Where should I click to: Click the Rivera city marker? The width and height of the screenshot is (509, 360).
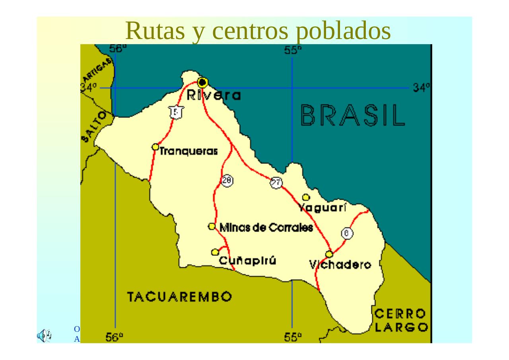point(202,82)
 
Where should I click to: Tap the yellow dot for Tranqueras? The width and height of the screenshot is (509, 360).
point(155,147)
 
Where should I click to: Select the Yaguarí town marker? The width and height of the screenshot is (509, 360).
point(306,197)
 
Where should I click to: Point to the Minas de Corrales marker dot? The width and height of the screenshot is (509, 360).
point(212,226)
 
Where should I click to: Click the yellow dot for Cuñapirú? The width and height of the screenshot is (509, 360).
point(215,252)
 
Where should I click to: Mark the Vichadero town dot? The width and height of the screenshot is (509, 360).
point(329,254)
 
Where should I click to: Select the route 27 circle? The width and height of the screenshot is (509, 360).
point(276,183)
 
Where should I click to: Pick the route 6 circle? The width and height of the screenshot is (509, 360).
point(347,234)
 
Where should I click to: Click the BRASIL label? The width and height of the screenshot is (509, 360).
point(353,115)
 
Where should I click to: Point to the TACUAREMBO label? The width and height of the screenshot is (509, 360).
point(180,297)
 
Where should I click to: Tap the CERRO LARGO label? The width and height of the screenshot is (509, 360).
point(401,321)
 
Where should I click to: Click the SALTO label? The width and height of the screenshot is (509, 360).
point(94,126)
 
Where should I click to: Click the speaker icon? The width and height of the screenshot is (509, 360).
point(44,336)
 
